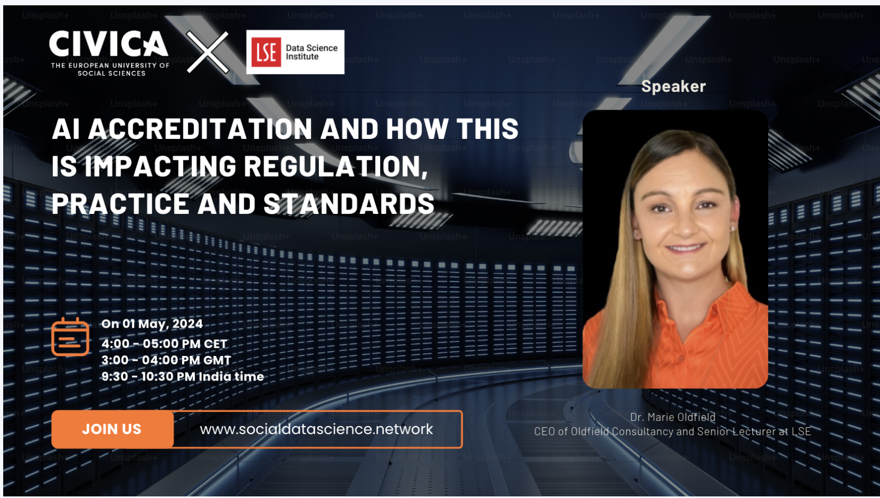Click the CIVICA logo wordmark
pyautogui.click(x=109, y=44)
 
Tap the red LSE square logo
pyautogui.click(x=266, y=52)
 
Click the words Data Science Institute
pyautogui.click(x=311, y=52)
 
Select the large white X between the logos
pyautogui.click(x=208, y=52)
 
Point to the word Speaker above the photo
pyautogui.click(x=673, y=86)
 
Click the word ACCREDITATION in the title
pyautogui.click(x=200, y=129)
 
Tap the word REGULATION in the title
pyautogui.click(x=335, y=167)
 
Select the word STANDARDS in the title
pyautogui.click(x=349, y=204)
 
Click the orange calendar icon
pyautogui.click(x=70, y=337)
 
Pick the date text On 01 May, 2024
pyautogui.click(x=152, y=323)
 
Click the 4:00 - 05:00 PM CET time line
pyautogui.click(x=164, y=344)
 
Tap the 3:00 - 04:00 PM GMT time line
pyautogui.click(x=166, y=360)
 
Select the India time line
pyautogui.click(x=183, y=377)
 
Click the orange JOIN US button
pyautogui.click(x=112, y=429)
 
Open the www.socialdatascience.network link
pyautogui.click(x=316, y=429)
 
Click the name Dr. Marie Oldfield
pyautogui.click(x=672, y=417)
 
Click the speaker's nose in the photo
pyautogui.click(x=685, y=225)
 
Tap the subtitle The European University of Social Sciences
pyautogui.click(x=110, y=70)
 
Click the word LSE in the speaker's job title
pyautogui.click(x=801, y=431)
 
